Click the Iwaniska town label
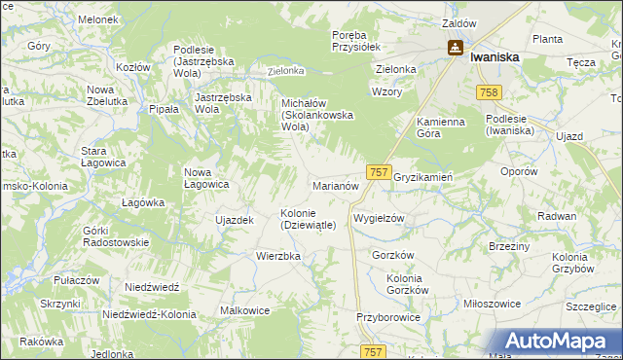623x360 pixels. (x=494, y=57)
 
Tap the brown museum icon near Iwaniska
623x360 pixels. (x=455, y=47)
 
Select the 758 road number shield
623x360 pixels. (x=490, y=91)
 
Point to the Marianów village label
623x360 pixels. (x=337, y=185)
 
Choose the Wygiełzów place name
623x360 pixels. (x=378, y=219)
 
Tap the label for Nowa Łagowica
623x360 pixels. (x=206, y=178)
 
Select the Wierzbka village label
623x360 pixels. (x=278, y=256)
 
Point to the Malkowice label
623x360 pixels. (x=245, y=310)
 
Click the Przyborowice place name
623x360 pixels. (x=387, y=316)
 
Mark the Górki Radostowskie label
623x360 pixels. (x=116, y=236)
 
